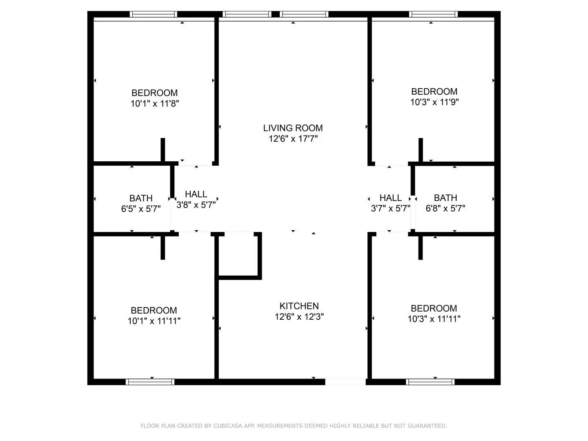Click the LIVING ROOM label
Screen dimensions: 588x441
point(293,128)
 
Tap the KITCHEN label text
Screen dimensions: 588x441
point(299,306)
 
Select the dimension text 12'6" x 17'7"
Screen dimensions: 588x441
point(293,139)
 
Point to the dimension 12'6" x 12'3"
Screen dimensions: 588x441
point(299,316)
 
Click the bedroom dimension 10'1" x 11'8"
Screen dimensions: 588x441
point(155,103)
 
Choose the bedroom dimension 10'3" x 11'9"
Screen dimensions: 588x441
point(434,102)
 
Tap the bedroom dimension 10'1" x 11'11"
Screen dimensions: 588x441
point(154,321)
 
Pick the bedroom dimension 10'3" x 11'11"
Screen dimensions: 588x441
point(434,319)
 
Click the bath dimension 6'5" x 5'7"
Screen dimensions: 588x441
point(140,209)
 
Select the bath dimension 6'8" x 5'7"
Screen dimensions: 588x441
point(445,208)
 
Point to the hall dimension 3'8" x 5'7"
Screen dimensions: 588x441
point(196,205)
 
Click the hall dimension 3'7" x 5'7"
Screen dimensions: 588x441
point(390,208)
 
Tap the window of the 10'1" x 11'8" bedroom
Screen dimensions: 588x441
point(154,14)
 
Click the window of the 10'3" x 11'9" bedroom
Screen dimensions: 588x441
point(433,14)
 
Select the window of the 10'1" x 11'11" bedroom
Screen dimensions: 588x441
point(150,382)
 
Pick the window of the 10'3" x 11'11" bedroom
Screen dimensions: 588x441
point(430,382)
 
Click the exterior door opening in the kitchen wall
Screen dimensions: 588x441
point(345,382)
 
